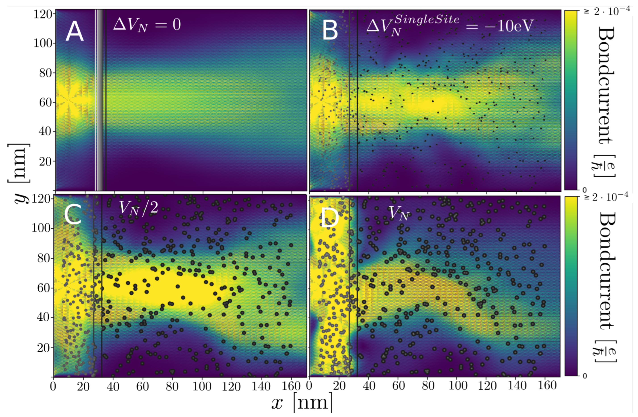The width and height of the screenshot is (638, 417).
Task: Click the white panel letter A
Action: (75, 31)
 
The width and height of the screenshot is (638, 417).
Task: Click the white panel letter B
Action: (330, 31)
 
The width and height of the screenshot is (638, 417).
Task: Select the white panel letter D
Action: (330, 218)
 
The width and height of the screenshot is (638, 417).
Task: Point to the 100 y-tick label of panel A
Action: (43, 43)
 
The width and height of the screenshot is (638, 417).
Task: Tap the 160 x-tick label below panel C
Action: (291, 386)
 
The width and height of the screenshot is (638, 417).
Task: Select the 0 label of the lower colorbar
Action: (585, 376)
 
